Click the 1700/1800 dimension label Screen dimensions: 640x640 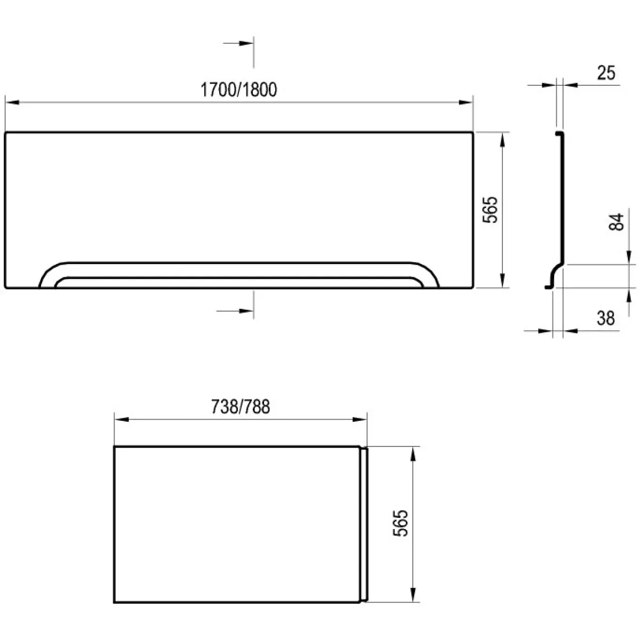click(238, 90)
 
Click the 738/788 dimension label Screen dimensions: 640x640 click(241, 407)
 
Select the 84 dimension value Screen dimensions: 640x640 click(617, 221)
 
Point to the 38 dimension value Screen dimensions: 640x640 click(606, 318)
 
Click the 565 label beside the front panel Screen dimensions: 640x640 click(490, 210)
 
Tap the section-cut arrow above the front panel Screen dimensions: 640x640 click(238, 43)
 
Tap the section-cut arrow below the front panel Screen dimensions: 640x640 click(235, 311)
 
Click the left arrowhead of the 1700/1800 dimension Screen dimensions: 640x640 click(12, 102)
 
